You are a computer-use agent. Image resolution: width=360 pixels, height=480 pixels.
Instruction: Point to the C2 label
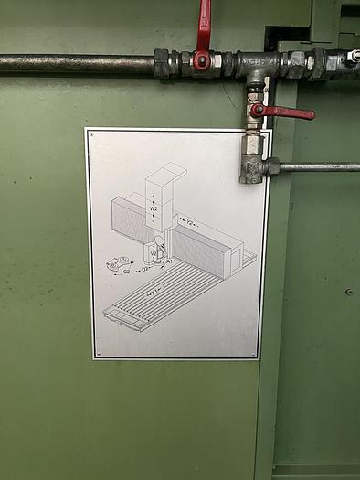pos(125,272)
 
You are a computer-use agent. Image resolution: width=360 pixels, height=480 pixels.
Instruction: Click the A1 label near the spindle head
pos(169,261)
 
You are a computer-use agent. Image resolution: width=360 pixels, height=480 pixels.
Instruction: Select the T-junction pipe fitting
pos(257,65)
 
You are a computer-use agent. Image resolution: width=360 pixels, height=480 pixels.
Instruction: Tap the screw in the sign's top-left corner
pos(91,134)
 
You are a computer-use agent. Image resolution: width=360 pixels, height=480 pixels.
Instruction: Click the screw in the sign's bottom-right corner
pos(255,352)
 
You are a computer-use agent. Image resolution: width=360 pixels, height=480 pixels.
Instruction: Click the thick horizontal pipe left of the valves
pos(78,63)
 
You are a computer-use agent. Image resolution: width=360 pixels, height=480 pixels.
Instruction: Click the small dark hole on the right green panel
pos(349,292)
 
